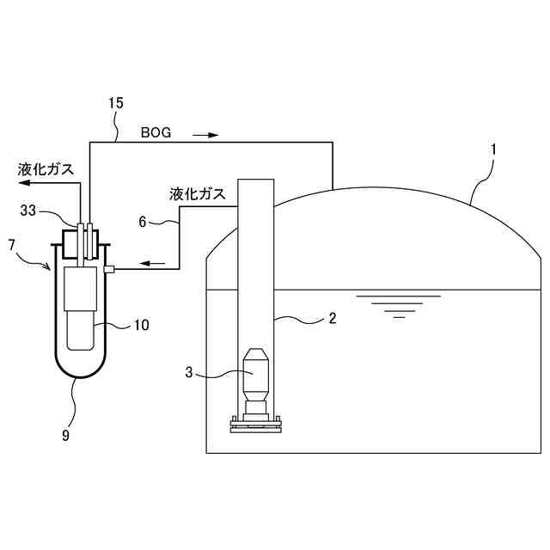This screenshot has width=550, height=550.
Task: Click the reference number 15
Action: (116, 103)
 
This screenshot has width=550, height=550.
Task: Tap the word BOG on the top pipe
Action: (156, 133)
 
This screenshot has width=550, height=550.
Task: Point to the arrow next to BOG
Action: (206, 134)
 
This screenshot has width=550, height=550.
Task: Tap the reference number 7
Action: (11, 245)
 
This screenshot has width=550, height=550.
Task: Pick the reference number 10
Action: (142, 325)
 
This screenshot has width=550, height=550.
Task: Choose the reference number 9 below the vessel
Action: (65, 435)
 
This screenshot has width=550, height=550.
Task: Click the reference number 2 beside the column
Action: (332, 318)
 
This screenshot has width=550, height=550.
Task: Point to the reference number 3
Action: (190, 372)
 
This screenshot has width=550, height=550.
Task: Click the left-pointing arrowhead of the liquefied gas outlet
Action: (25, 183)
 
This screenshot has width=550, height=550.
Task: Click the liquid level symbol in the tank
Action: (398, 306)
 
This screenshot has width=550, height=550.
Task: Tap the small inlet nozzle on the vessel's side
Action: (109, 270)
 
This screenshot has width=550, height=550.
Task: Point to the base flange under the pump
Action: (255, 422)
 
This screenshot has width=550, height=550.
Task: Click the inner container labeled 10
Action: (82, 309)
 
